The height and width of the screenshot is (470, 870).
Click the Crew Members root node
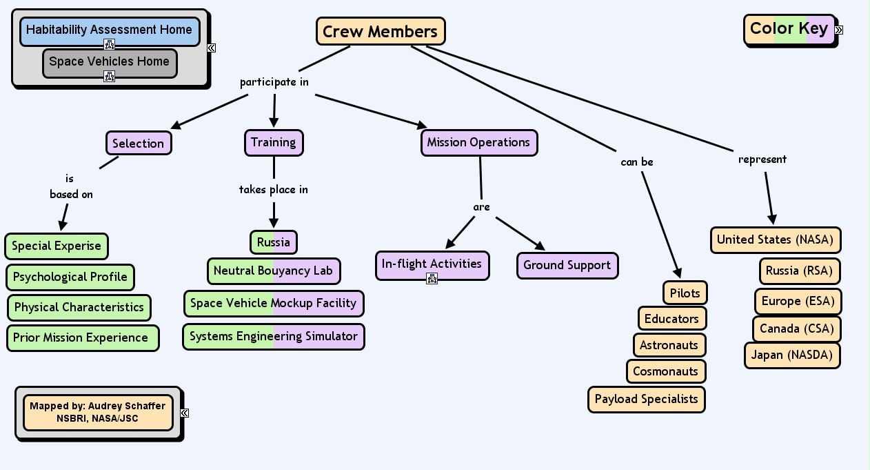coord(381,32)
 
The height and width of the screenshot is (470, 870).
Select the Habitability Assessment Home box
coord(109,30)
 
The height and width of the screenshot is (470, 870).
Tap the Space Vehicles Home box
coord(109,61)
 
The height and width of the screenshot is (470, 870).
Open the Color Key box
coord(789,29)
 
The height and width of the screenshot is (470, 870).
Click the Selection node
coord(138,144)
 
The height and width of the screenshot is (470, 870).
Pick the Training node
coord(273,143)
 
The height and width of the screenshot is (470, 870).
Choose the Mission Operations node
coord(478,143)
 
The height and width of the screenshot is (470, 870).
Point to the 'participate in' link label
coord(274,82)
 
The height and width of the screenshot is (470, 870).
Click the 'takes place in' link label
coord(273,189)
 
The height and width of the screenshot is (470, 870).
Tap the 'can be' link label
coord(636,162)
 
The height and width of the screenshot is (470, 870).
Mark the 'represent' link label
coord(762,159)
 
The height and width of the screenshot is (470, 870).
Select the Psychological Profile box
coord(70,277)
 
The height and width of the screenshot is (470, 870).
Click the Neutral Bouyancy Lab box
coord(273,271)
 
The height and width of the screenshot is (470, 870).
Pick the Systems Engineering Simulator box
coord(273,337)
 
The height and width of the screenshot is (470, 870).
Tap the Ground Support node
coord(567,266)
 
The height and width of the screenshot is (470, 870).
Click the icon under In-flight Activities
coord(432,278)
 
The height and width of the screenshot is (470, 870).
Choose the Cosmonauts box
coord(665,371)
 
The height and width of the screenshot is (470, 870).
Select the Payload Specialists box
coord(646,400)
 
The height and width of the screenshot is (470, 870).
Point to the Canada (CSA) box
coord(796,329)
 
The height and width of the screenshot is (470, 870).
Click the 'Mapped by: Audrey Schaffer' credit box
coord(97,413)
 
